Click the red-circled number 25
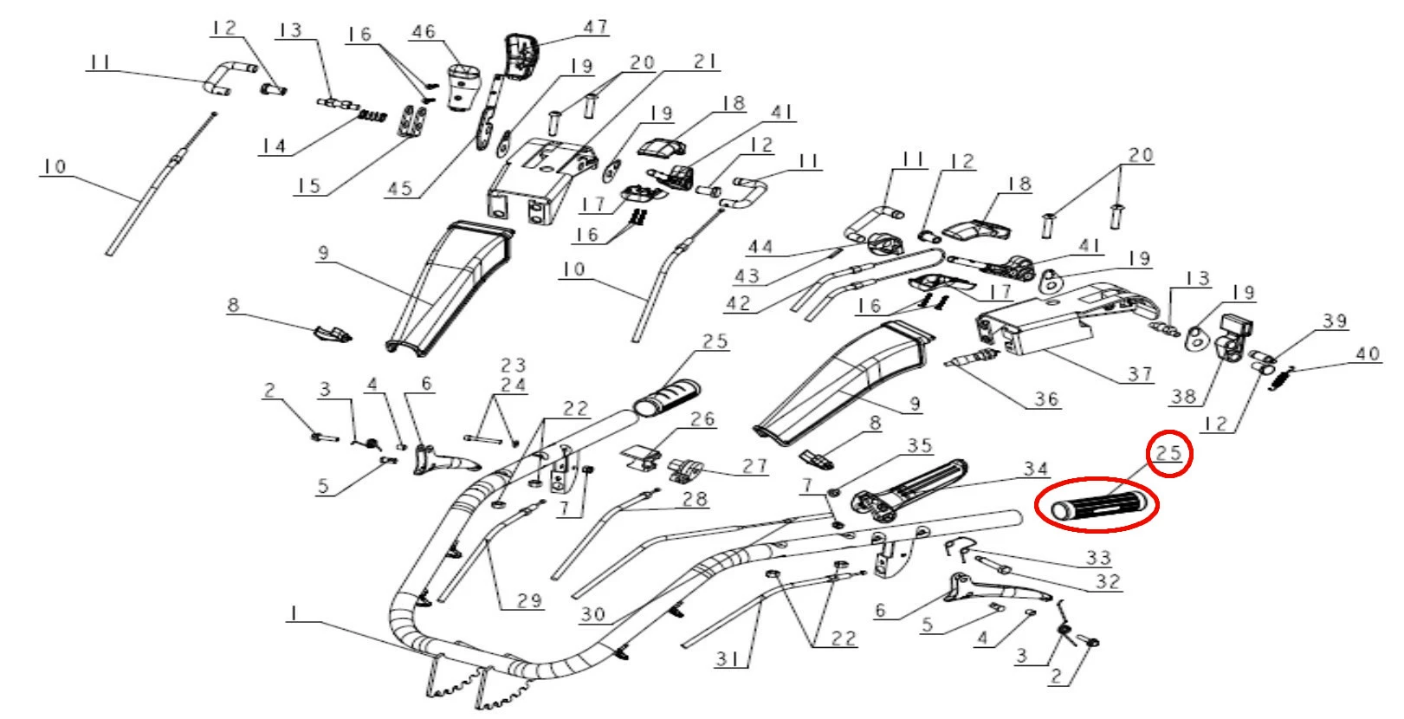click(x=1168, y=452)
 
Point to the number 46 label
click(x=424, y=32)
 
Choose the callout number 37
click(x=1140, y=373)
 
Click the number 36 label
click(x=1046, y=398)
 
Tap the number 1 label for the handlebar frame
click(x=294, y=612)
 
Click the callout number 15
click(x=308, y=185)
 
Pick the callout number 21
click(x=706, y=62)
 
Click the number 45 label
click(x=399, y=188)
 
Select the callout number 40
click(x=1367, y=353)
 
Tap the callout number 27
click(x=754, y=466)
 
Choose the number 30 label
click(x=592, y=614)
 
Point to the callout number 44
click(x=760, y=248)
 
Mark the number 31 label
click(x=728, y=659)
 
